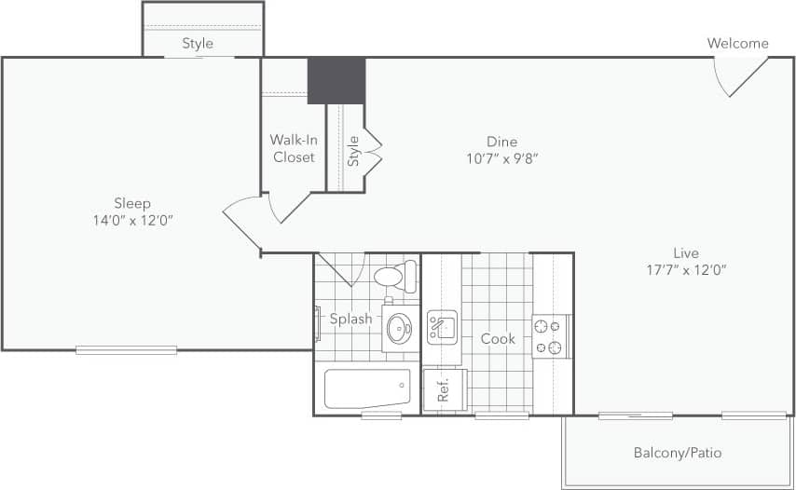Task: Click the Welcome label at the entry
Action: coord(737,43)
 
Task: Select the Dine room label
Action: coord(501,142)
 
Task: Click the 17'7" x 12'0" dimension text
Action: coord(685,270)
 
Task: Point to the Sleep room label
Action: coord(132,203)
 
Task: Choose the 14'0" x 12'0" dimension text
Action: coord(132,221)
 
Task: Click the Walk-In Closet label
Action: coord(294,148)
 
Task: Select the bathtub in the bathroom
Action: coord(367,388)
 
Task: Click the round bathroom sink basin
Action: coord(400,328)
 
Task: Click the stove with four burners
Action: coord(551,336)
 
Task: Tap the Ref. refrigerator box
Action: coord(443,389)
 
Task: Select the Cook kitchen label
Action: coord(498,339)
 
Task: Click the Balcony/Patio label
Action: coord(678,454)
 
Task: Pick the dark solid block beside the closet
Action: coord(336,80)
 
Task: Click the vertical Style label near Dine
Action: coord(353,151)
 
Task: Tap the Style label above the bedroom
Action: coord(198,43)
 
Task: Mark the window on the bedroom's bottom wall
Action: coord(126,350)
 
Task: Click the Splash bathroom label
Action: coord(351,319)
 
